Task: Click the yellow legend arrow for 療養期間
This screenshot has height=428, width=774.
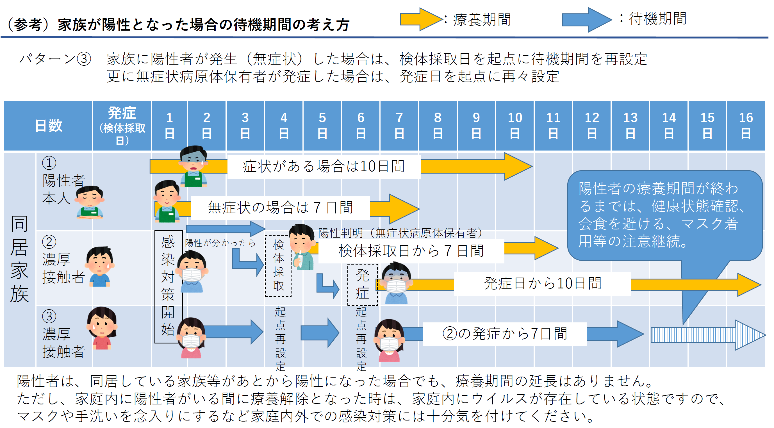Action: point(421,20)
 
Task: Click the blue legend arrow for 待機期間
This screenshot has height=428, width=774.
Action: point(586,20)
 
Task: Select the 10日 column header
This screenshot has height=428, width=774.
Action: point(515,126)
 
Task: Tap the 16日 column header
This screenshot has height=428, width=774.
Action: point(746,126)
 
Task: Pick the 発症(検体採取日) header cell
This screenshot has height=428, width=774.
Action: point(122,126)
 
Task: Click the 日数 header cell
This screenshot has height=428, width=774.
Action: point(48,126)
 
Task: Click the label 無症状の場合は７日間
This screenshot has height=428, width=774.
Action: point(280,208)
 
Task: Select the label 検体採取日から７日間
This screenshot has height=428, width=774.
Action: point(411,251)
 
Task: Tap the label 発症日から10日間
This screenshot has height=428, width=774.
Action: point(542,284)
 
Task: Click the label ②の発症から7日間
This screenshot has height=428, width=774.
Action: point(505,334)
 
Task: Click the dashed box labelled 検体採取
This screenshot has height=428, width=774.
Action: point(278,266)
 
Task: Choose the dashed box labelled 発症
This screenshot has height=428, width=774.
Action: point(362,284)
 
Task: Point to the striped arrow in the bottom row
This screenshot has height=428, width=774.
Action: point(706,335)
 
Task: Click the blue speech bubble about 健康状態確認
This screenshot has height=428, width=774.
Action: point(664,215)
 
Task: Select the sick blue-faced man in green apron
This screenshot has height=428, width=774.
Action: point(193,166)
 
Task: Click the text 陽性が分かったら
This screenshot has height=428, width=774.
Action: point(220,243)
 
